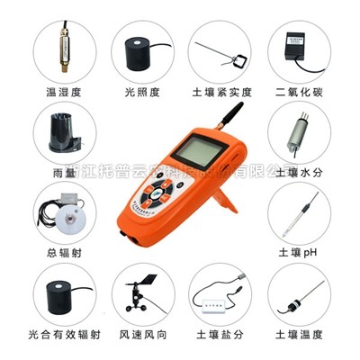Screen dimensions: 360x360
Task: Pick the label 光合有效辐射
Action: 62,334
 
